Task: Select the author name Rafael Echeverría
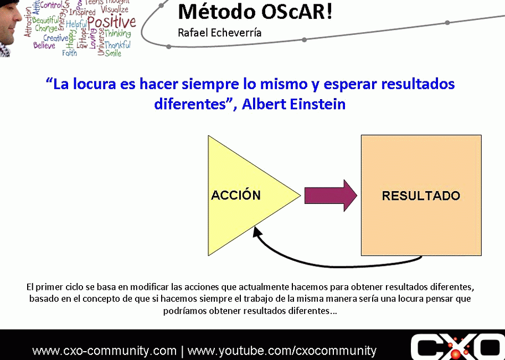(x=220, y=33)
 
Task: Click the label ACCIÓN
(x=236, y=195)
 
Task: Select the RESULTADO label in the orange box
(x=421, y=196)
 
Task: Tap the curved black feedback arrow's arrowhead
(x=257, y=231)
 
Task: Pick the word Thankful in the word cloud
(x=117, y=45)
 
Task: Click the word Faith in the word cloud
(x=70, y=53)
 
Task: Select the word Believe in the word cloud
(x=44, y=45)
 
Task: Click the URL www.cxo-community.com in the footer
(x=104, y=351)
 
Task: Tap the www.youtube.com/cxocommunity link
(x=282, y=351)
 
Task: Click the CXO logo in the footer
(x=457, y=347)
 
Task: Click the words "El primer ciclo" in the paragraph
(x=51, y=287)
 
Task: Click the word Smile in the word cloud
(x=113, y=53)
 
